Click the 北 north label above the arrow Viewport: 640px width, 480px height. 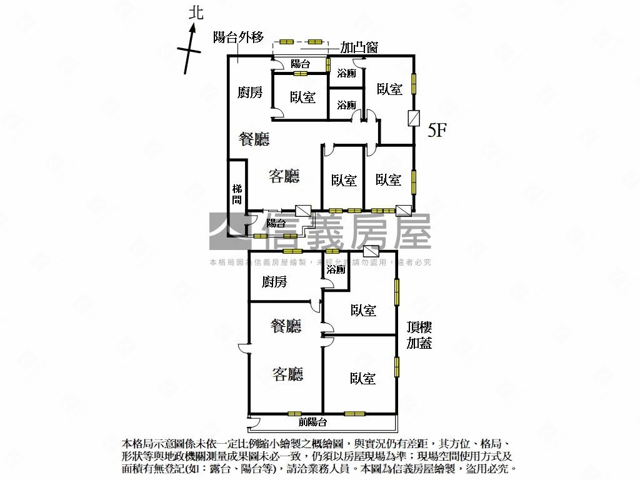click(197, 12)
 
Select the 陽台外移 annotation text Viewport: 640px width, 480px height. click(237, 37)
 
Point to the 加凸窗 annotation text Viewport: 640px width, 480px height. click(359, 47)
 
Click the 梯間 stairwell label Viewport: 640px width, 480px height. click(237, 194)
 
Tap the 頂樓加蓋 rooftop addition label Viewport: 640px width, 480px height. click(419, 335)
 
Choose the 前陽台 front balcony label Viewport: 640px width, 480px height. click(312, 422)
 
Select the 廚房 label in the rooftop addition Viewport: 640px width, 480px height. click(274, 282)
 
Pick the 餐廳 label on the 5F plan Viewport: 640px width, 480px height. click(254, 139)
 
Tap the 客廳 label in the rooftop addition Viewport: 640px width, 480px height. click(287, 374)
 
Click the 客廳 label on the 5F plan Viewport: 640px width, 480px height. click(284, 176)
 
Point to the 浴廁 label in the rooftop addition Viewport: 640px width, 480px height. click(336, 270)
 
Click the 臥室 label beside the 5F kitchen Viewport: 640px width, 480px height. click(302, 97)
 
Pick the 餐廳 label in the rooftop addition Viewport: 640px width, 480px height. click(286, 326)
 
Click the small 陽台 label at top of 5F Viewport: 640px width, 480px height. click(300, 64)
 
